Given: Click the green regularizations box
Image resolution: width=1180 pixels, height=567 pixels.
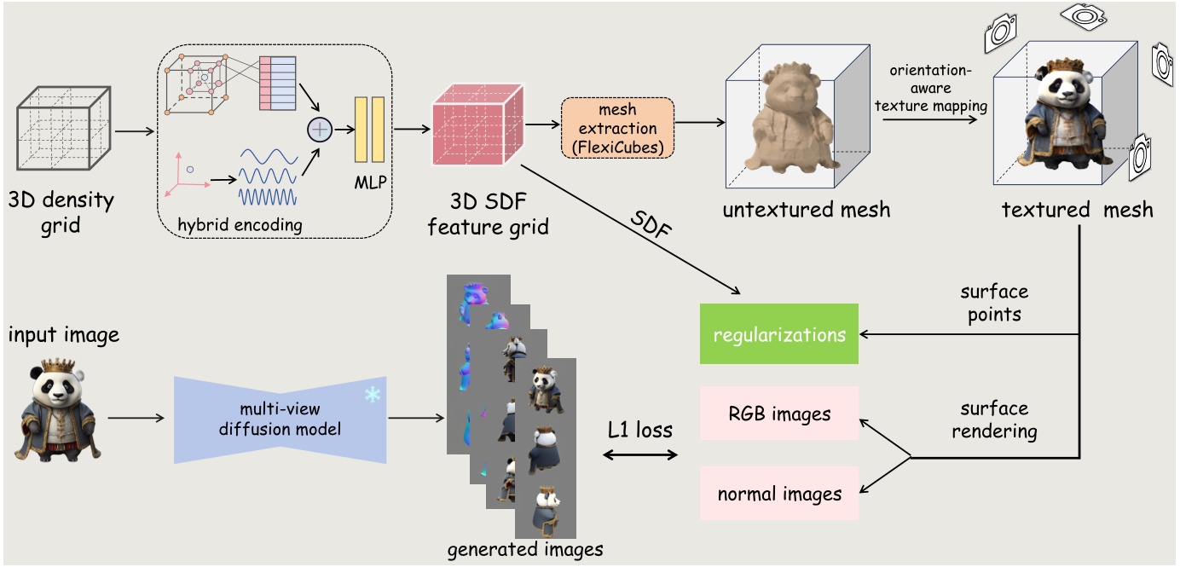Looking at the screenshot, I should coord(779,334).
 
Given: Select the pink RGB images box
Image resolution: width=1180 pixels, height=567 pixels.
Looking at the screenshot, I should coord(779,414).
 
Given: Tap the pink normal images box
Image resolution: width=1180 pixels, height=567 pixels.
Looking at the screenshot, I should coord(779,494).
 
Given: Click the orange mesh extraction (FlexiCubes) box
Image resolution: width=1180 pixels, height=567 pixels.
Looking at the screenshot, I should coord(617,128).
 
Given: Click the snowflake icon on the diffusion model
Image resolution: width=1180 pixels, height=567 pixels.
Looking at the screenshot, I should coord(373,395).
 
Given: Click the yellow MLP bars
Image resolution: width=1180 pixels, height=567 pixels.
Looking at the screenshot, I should coord(369,130).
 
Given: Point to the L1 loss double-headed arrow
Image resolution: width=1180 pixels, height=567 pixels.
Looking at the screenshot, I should coord(639,455).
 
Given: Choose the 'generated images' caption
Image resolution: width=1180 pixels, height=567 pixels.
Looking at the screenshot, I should coord(525,549).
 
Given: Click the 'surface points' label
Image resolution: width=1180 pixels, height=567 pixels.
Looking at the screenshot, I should coord(994,303).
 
